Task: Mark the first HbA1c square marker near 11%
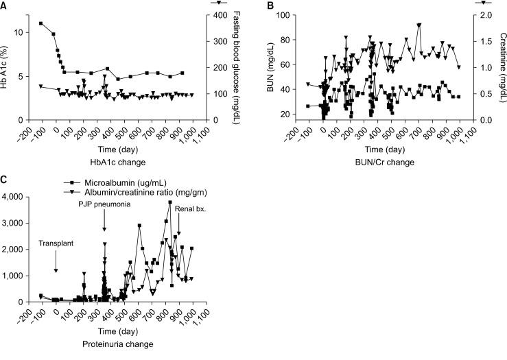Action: click(x=41, y=23)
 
